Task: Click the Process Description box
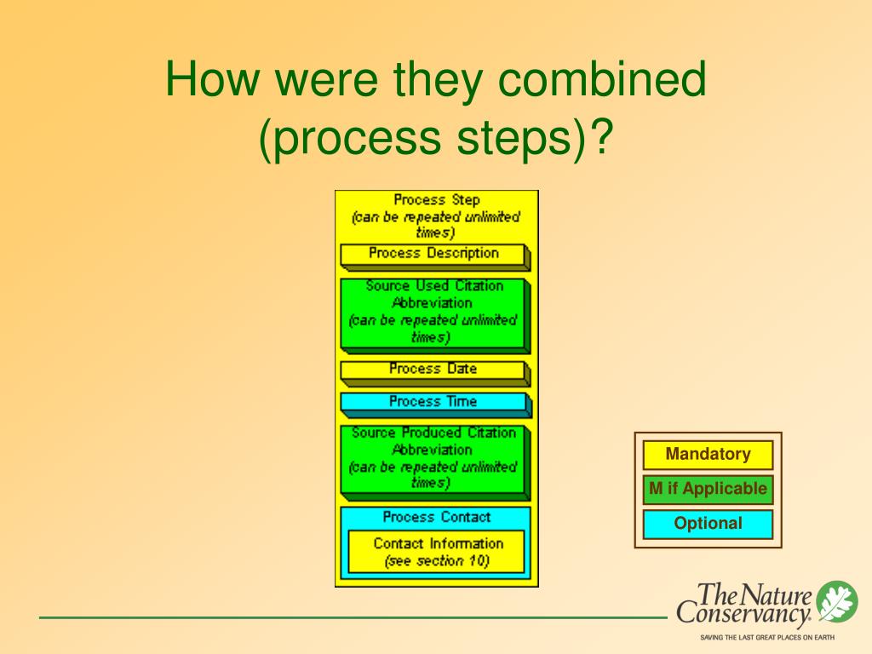pyautogui.click(x=435, y=256)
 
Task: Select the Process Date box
pyautogui.click(x=435, y=373)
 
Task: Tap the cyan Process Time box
pyautogui.click(x=435, y=404)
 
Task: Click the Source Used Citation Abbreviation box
pyautogui.click(x=435, y=315)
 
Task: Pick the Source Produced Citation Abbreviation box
pyautogui.click(x=435, y=462)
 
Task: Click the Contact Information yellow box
pyautogui.click(x=436, y=552)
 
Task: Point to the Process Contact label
pyautogui.click(x=437, y=517)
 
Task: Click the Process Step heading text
pyautogui.click(x=437, y=199)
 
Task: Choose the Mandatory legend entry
pyautogui.click(x=708, y=455)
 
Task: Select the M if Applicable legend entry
pyautogui.click(x=708, y=490)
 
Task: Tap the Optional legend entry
pyautogui.click(x=708, y=524)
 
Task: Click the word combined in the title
pyautogui.click(x=602, y=78)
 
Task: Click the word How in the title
pyautogui.click(x=212, y=78)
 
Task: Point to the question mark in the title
pyautogui.click(x=601, y=137)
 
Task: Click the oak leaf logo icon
pyautogui.click(x=837, y=601)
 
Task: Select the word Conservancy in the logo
pyautogui.click(x=744, y=615)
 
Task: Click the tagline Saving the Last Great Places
pyautogui.click(x=767, y=637)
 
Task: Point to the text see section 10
pyautogui.click(x=437, y=560)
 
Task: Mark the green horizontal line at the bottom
pyautogui.click(x=353, y=617)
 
